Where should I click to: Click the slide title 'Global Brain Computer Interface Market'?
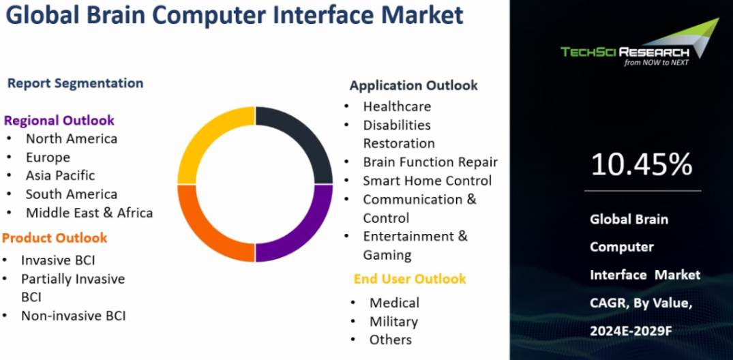[234, 15]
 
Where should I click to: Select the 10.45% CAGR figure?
[641, 164]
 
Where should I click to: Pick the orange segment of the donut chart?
[208, 228]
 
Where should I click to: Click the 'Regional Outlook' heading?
[59, 121]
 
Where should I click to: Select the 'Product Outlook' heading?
[55, 238]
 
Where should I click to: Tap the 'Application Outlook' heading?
[413, 85]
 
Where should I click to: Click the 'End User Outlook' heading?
[410, 279]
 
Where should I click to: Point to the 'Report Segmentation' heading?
[75, 83]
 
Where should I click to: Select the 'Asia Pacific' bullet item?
[60, 175]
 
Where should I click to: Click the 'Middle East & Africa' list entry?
[89, 213]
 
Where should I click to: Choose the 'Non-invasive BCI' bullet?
[73, 316]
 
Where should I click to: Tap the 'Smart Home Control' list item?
[427, 181]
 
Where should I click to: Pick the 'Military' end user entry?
[393, 321]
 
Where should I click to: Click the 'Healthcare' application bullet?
[397, 106]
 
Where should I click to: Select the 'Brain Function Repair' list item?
[430, 162]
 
